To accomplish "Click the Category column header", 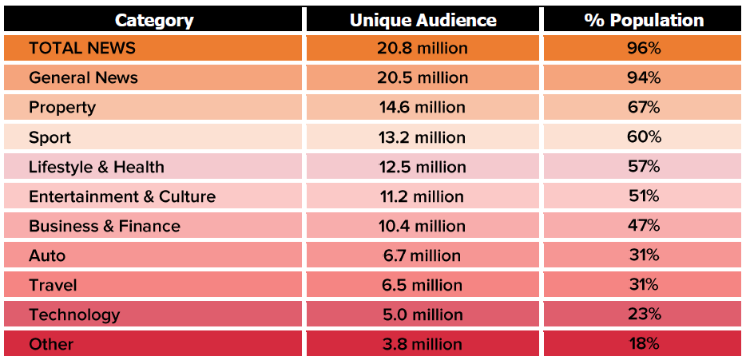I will pyautogui.click(x=155, y=20).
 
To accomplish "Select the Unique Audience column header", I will pyautogui.click(x=423, y=20).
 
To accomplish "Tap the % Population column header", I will pyautogui.click(x=644, y=20).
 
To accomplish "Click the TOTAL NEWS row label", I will pyautogui.click(x=82, y=48).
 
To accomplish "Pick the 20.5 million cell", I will pyautogui.click(x=423, y=77).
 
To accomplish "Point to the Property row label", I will pyautogui.click(x=62, y=107).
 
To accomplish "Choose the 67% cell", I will pyautogui.click(x=644, y=107).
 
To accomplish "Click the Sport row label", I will pyautogui.click(x=50, y=137).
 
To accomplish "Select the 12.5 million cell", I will pyautogui.click(x=423, y=167).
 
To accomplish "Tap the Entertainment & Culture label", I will pyautogui.click(x=122, y=196).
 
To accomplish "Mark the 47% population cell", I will pyautogui.click(x=644, y=226).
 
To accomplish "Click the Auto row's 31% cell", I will pyautogui.click(x=644, y=255).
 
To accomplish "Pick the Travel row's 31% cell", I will pyautogui.click(x=644, y=285).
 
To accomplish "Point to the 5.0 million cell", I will pyautogui.click(x=423, y=315).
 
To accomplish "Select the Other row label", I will pyautogui.click(x=51, y=344).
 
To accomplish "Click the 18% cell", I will pyautogui.click(x=644, y=344).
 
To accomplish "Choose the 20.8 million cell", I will pyautogui.click(x=423, y=48).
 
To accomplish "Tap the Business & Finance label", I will pyautogui.click(x=105, y=226).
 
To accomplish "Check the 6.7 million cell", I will pyautogui.click(x=423, y=255).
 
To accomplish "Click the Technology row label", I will pyautogui.click(x=74, y=315).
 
